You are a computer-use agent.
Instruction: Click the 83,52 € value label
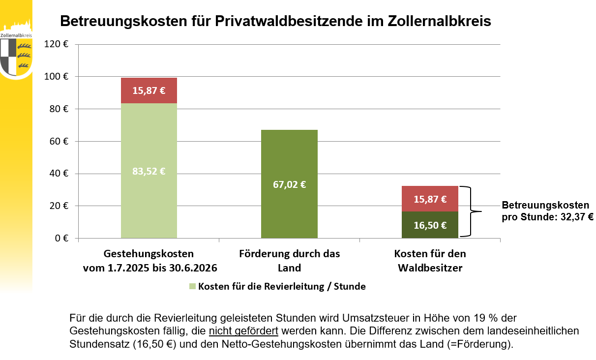(x=149, y=172)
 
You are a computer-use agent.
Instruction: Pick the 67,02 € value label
(x=289, y=185)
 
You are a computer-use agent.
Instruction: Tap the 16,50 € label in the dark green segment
(x=430, y=225)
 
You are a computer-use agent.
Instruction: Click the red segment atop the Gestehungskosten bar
(x=149, y=90)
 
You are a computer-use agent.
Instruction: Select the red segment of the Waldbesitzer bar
(x=430, y=199)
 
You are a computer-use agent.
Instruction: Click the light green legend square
(x=192, y=286)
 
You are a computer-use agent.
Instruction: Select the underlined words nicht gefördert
(x=243, y=330)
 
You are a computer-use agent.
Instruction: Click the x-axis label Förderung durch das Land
(x=289, y=261)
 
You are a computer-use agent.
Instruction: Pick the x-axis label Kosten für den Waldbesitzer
(x=430, y=261)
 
